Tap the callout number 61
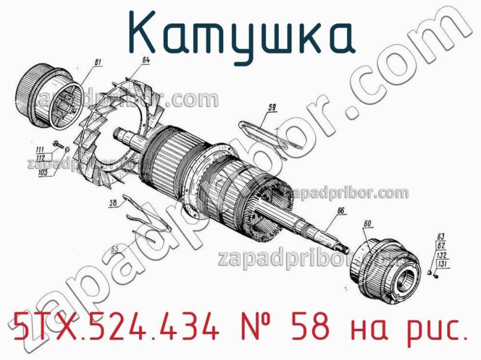point(99,62)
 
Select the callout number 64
point(146,60)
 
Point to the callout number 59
point(272,108)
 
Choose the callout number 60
point(367,224)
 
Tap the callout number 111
point(40,149)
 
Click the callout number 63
point(441,236)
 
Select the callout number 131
point(442,264)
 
